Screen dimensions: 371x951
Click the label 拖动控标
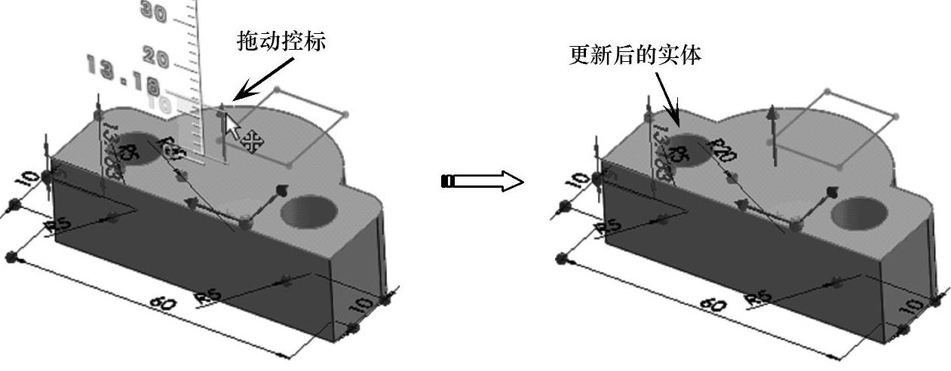[x=281, y=41]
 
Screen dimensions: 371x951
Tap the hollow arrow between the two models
[x=482, y=182]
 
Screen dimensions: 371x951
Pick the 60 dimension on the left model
[x=162, y=304]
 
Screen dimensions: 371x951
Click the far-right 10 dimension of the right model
[x=915, y=306]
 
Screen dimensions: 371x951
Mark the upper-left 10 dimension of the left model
[x=28, y=179]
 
